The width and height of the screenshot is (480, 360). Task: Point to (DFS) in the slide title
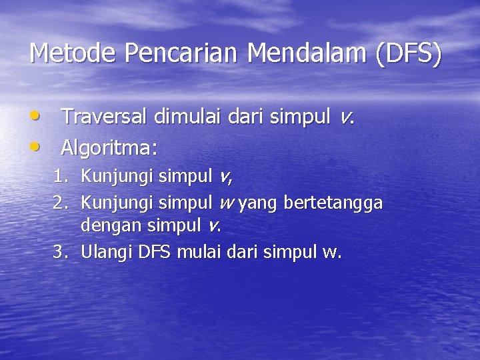(407, 53)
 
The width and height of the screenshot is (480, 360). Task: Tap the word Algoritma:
(109, 146)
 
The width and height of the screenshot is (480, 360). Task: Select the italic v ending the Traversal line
(345, 118)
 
